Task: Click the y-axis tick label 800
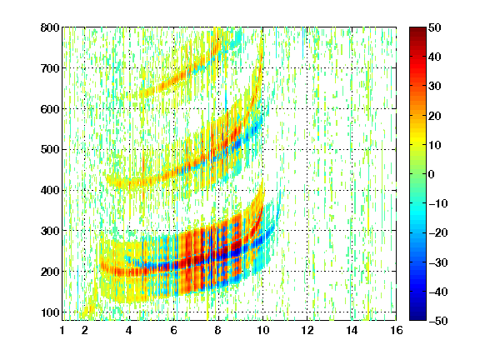click(x=50, y=27)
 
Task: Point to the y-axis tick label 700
click(x=50, y=68)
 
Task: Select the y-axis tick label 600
click(x=50, y=109)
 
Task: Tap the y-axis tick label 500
click(x=50, y=150)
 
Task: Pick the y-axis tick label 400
click(x=50, y=190)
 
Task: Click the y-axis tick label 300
click(x=50, y=231)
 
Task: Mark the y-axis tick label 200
click(x=50, y=272)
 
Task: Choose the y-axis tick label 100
click(x=50, y=312)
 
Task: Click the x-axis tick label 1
click(x=62, y=330)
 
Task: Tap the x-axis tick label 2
click(x=85, y=330)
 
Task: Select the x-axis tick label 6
click(x=174, y=330)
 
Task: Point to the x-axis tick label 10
click(x=262, y=330)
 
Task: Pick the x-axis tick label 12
click(x=307, y=330)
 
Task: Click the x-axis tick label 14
click(x=352, y=330)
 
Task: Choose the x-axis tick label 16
click(x=397, y=330)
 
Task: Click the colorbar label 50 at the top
click(x=435, y=27)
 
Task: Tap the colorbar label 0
click(x=432, y=174)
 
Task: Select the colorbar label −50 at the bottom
click(x=438, y=321)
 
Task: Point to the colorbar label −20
click(x=438, y=233)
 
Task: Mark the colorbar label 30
click(x=435, y=87)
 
